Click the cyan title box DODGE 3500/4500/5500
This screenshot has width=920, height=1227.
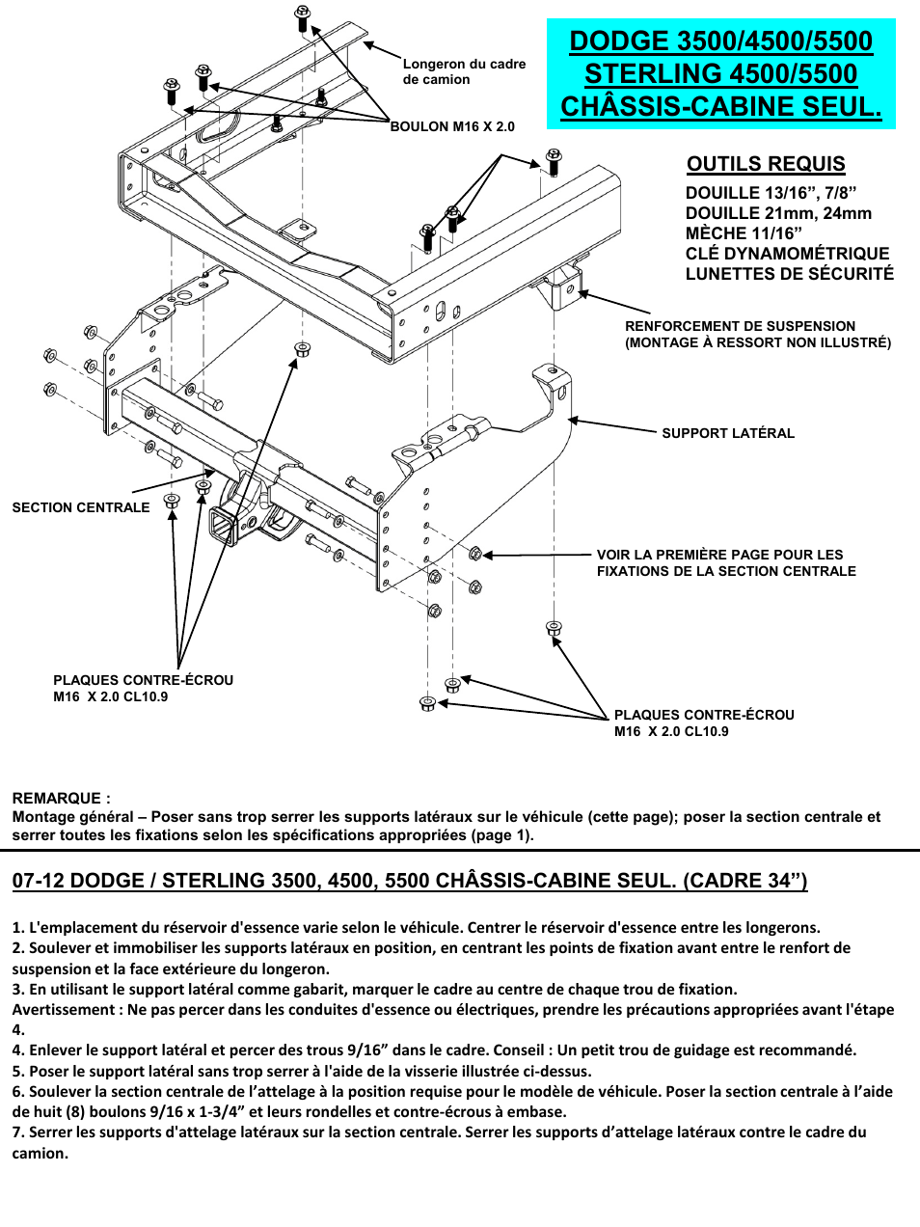pyautogui.click(x=720, y=73)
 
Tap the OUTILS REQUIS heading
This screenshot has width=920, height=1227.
pyautogui.click(x=766, y=164)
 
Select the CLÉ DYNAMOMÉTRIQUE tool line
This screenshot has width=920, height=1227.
pyautogui.click(x=787, y=254)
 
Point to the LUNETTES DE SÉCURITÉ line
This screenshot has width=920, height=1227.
pyautogui.click(x=789, y=274)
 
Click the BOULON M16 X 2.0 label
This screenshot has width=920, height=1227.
pyautogui.click(x=452, y=126)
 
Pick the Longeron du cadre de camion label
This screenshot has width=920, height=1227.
pyautogui.click(x=464, y=71)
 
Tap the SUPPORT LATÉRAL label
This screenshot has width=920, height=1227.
pyautogui.click(x=728, y=433)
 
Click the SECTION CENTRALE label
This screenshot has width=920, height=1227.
pyautogui.click(x=81, y=507)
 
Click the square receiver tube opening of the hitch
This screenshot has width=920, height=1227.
pyautogui.click(x=223, y=526)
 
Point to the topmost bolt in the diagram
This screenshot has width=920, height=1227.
pyautogui.click(x=302, y=15)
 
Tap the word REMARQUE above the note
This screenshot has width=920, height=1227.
pyautogui.click(x=61, y=798)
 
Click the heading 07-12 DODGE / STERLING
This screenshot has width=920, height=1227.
pyautogui.click(x=409, y=880)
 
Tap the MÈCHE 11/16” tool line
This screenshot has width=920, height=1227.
pyautogui.click(x=744, y=233)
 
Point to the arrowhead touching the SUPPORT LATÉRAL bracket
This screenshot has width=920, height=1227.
pyautogui.click(x=572, y=421)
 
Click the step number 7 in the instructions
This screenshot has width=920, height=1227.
pyautogui.click(x=16, y=1132)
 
